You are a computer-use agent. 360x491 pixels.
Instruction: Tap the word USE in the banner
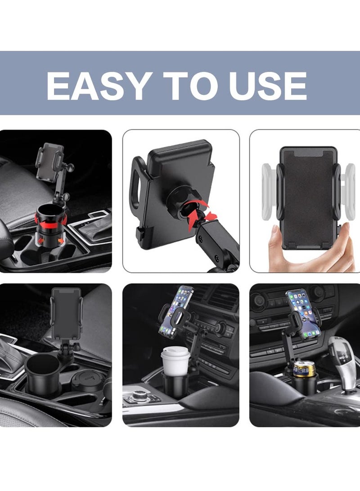268,86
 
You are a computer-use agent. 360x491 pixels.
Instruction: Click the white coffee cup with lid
175,360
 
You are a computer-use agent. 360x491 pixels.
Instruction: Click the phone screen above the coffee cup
177,310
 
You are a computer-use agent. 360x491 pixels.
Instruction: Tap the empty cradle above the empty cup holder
66,313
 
